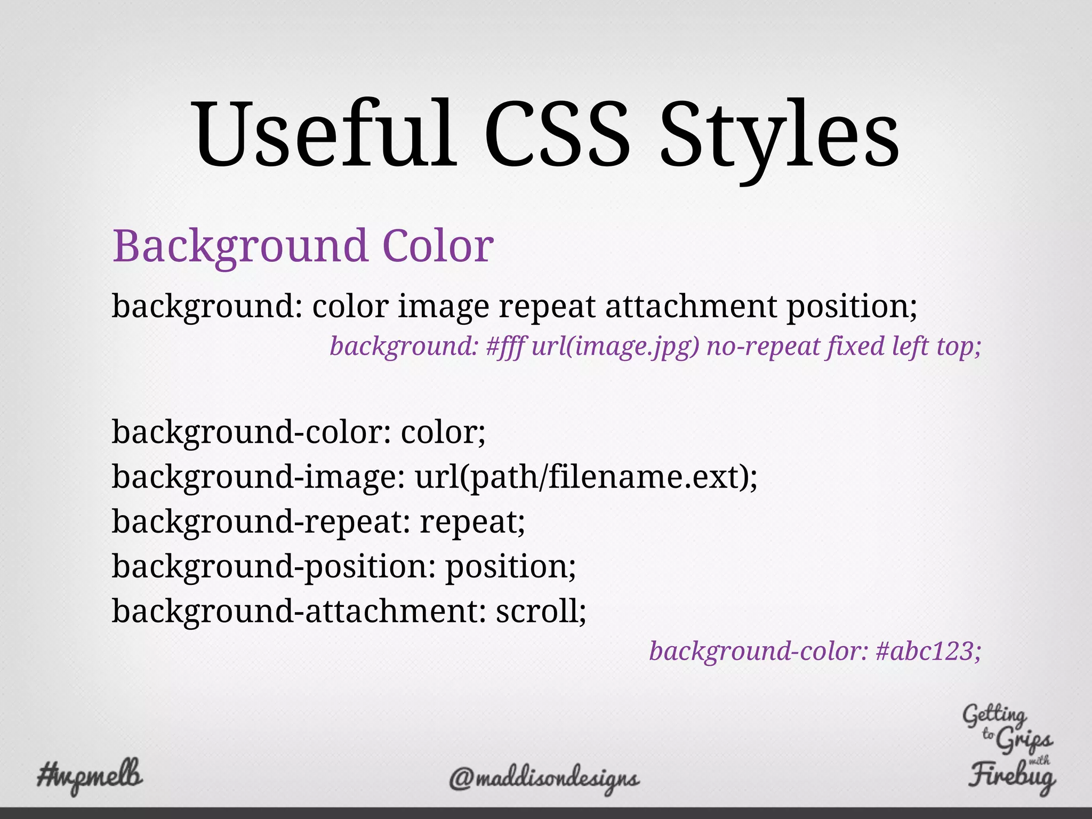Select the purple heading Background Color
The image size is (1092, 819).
(x=303, y=246)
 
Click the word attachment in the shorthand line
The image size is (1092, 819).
(x=691, y=307)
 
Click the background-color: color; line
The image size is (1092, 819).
(x=299, y=432)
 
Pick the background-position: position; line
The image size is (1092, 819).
(x=344, y=566)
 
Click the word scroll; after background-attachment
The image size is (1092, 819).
(x=541, y=611)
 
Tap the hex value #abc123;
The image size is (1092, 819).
(x=928, y=651)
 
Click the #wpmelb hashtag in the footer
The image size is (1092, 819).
(x=90, y=776)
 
